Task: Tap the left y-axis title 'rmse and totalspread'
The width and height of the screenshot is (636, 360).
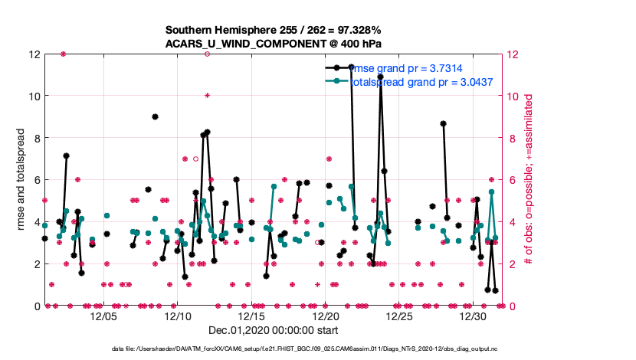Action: tap(17, 180)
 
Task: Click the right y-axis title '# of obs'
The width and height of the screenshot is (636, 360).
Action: tap(529, 180)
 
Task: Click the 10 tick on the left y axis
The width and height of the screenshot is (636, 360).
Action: tap(32, 97)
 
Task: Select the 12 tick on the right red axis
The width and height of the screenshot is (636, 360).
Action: tap(508, 55)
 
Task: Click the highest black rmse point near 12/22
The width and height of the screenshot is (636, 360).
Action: tap(351, 67)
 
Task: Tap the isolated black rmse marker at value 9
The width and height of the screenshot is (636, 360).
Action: tap(155, 117)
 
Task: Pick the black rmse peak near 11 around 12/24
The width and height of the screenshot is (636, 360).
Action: tap(380, 77)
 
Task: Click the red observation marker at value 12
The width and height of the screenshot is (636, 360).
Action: tap(63, 54)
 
